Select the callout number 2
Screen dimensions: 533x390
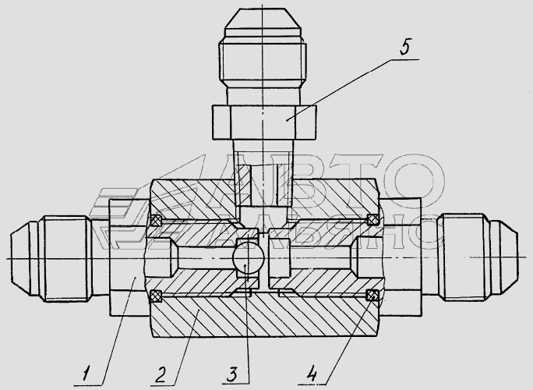(161, 374)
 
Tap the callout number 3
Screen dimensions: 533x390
(232, 374)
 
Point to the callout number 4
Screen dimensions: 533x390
(311, 374)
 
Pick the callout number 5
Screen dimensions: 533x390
(405, 47)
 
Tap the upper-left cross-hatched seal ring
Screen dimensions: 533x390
(156, 220)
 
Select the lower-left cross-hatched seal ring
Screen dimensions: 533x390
(156, 296)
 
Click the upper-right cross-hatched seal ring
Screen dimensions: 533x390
(372, 220)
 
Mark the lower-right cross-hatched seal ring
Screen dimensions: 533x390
(372, 295)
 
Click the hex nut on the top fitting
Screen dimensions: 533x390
(264, 122)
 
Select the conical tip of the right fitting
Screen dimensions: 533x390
(503, 259)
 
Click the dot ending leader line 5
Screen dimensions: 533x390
(288, 119)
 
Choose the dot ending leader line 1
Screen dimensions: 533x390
(136, 278)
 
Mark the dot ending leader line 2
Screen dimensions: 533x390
(199, 310)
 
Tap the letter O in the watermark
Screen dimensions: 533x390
(415, 180)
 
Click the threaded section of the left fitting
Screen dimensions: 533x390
(65, 259)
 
